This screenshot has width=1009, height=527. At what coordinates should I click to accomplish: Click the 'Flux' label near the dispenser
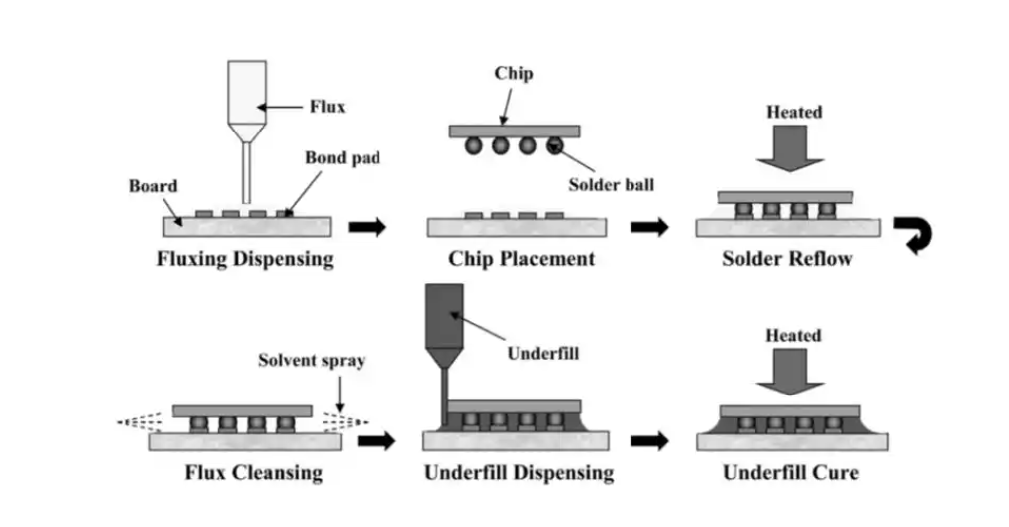click(327, 106)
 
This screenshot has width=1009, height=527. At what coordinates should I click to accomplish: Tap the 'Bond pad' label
click(343, 157)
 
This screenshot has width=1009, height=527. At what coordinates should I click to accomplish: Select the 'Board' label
click(153, 186)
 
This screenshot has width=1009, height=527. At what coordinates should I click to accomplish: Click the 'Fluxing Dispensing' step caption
click(245, 259)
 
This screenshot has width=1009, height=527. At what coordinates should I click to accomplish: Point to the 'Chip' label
click(513, 74)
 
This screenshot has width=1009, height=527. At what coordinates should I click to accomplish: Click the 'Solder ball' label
click(612, 185)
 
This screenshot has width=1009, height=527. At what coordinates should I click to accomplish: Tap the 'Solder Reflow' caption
click(787, 259)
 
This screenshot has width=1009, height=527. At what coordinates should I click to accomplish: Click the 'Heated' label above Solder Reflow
click(794, 112)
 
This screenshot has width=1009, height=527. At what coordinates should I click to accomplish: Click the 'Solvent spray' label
click(311, 361)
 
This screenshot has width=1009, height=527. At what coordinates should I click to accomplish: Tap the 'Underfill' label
click(542, 352)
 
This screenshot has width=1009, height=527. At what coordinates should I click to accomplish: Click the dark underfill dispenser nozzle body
click(443, 319)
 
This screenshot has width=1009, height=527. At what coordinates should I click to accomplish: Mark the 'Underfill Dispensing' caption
click(518, 472)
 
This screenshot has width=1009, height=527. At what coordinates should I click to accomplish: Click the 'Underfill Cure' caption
click(791, 472)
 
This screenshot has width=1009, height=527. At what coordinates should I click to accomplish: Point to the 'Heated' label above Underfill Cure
click(793, 336)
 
